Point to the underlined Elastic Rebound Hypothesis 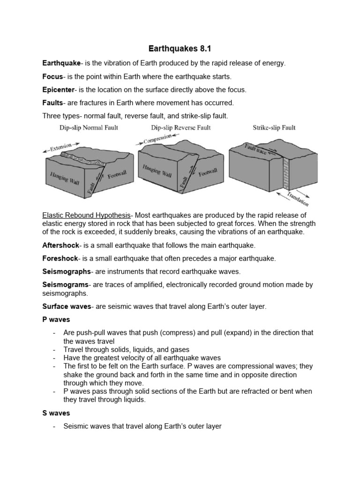click(86, 215)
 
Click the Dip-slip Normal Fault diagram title click(88, 127)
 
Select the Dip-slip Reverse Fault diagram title click(180, 127)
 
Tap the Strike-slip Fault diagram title click(274, 127)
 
